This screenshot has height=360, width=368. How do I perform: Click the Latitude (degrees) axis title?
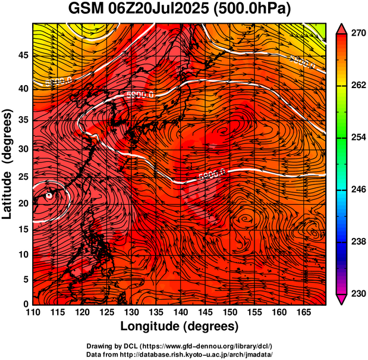click(x=8, y=164)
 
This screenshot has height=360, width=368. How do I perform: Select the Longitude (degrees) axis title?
click(x=180, y=326)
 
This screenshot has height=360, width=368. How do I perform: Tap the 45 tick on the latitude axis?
click(x=23, y=55)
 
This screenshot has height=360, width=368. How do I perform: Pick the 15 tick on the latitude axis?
click(x=23, y=229)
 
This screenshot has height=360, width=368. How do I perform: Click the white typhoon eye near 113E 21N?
click(x=49, y=195)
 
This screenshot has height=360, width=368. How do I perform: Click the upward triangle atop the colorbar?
click(x=341, y=27)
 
